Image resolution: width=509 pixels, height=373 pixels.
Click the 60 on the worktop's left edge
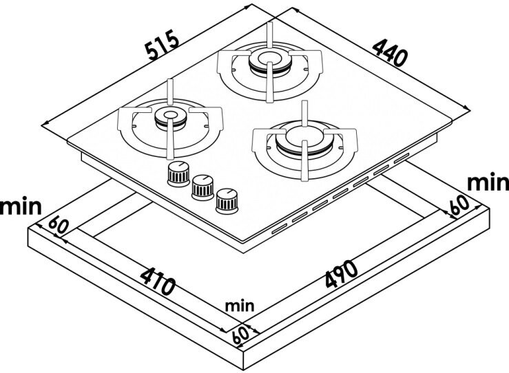58,226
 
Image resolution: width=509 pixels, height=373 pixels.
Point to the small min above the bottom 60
239,305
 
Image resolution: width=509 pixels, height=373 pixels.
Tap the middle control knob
201,186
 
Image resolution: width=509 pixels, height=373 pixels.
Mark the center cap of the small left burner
168,115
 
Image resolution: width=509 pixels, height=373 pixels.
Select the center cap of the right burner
300,133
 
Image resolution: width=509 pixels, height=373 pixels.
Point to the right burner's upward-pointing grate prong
304,110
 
